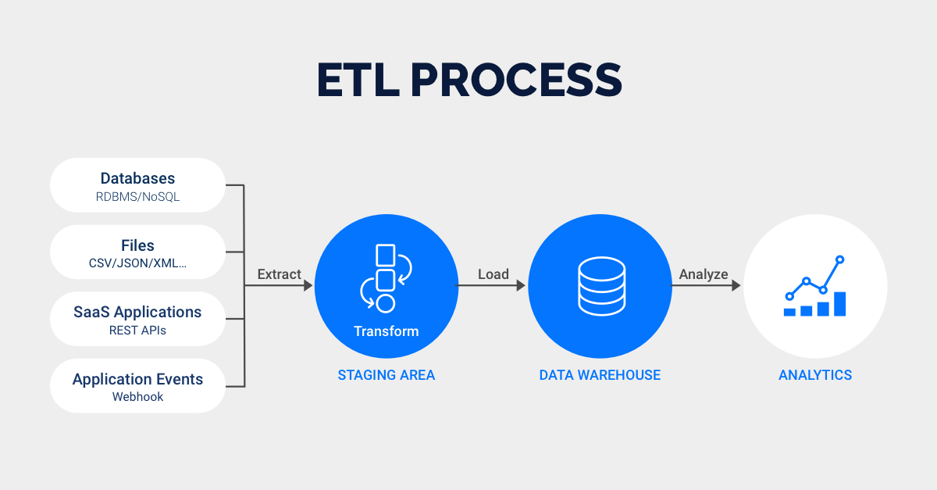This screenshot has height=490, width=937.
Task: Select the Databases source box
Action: click(x=137, y=185)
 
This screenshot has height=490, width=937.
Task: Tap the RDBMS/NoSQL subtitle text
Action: click(x=137, y=197)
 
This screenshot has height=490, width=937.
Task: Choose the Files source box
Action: click(x=137, y=252)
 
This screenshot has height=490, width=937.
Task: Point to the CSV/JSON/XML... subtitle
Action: click(x=137, y=264)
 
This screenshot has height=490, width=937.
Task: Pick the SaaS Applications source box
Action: click(x=137, y=319)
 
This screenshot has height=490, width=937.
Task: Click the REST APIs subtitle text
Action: click(x=137, y=331)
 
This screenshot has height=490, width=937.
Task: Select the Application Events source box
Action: click(x=137, y=386)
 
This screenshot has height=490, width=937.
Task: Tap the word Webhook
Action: click(x=137, y=397)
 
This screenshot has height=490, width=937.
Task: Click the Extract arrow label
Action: click(x=279, y=274)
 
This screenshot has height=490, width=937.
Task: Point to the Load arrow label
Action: click(x=493, y=274)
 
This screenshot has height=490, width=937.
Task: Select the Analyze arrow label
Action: click(x=703, y=274)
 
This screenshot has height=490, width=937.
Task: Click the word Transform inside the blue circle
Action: click(x=386, y=331)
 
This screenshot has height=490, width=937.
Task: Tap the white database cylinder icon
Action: click(x=600, y=284)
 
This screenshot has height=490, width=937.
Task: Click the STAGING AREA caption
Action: click(x=386, y=375)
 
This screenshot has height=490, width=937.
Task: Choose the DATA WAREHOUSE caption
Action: click(x=600, y=375)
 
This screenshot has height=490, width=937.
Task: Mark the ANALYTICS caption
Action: click(x=814, y=375)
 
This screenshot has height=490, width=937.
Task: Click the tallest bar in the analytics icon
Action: click(x=839, y=304)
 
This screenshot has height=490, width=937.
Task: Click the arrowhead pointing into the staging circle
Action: click(x=308, y=286)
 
